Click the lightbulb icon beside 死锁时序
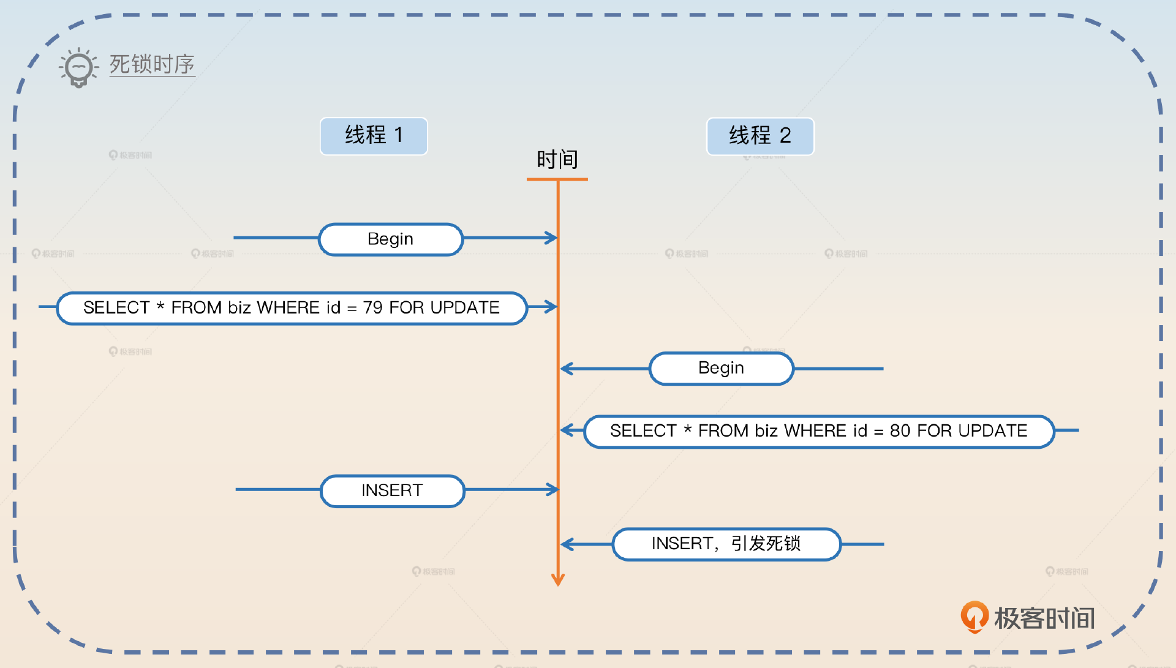click(x=78, y=67)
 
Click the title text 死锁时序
click(x=152, y=64)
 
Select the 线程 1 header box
click(x=374, y=135)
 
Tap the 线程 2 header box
click(x=760, y=136)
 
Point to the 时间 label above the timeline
click(x=557, y=160)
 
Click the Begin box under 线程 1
click(x=391, y=239)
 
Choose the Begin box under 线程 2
click(x=721, y=368)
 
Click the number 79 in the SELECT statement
click(x=372, y=307)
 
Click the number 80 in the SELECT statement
click(x=900, y=431)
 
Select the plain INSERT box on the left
click(x=392, y=490)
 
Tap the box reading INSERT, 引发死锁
click(x=726, y=544)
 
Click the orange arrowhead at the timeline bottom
click(x=557, y=579)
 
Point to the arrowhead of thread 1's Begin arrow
click(x=552, y=238)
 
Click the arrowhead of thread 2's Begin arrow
click(x=566, y=369)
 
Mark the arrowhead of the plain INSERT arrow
click(x=552, y=489)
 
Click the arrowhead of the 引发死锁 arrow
click(x=566, y=544)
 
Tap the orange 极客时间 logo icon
click(x=974, y=617)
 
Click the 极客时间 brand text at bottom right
click(x=1044, y=618)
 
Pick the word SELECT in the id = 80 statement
click(x=643, y=431)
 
